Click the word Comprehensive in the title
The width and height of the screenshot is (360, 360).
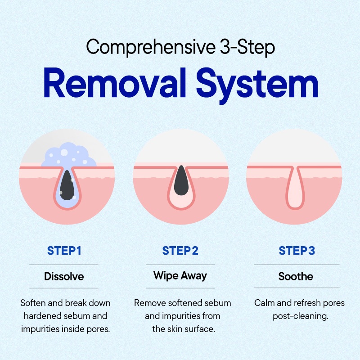pyautogui.click(x=151, y=48)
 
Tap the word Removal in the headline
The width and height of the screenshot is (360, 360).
pyautogui.click(x=115, y=83)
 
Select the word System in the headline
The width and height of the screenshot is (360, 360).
pyautogui.click(x=257, y=86)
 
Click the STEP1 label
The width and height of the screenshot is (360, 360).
pyautogui.click(x=64, y=251)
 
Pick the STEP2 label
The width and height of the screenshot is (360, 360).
pyautogui.click(x=180, y=251)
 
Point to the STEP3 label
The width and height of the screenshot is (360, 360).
pyautogui.click(x=297, y=251)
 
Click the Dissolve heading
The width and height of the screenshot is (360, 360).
pyautogui.click(x=64, y=276)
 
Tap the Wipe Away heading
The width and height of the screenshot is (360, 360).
pyautogui.click(x=180, y=276)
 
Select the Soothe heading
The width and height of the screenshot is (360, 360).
pyautogui.click(x=296, y=276)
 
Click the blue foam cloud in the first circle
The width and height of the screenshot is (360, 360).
pyautogui.click(x=69, y=155)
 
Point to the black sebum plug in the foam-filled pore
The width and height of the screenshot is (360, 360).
pyautogui.click(x=67, y=185)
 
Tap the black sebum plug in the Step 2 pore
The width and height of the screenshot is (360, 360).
pyautogui.click(x=181, y=180)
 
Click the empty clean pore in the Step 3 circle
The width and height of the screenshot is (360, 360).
pyautogui.click(x=295, y=188)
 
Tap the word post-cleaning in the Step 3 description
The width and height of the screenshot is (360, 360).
pyautogui.click(x=301, y=317)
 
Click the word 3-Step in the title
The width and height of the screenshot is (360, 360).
pyautogui.click(x=247, y=48)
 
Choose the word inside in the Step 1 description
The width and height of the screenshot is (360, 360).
pyautogui.click(x=72, y=329)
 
